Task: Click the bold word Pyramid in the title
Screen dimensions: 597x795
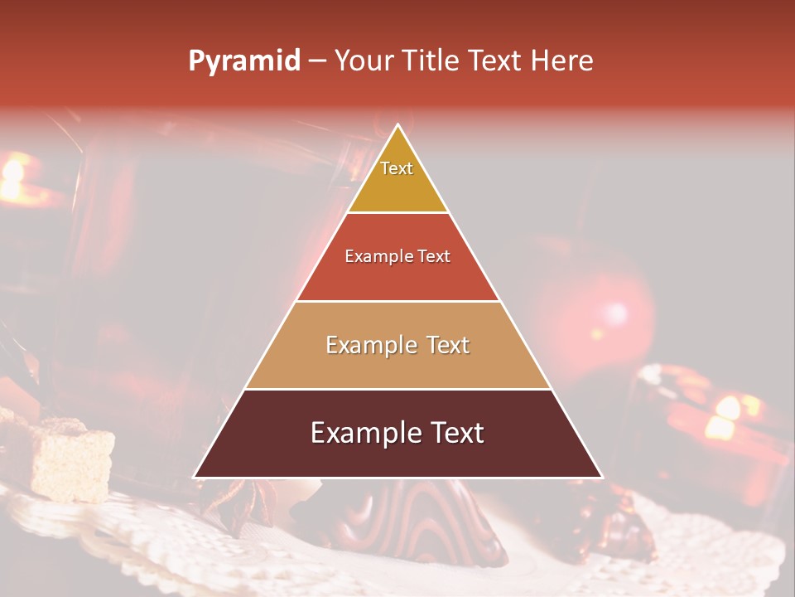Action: click(244, 61)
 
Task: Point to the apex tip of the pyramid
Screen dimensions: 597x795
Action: click(398, 126)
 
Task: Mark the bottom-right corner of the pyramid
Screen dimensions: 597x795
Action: click(601, 477)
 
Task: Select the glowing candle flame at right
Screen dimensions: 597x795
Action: click(725, 415)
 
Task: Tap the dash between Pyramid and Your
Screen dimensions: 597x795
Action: click(317, 61)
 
